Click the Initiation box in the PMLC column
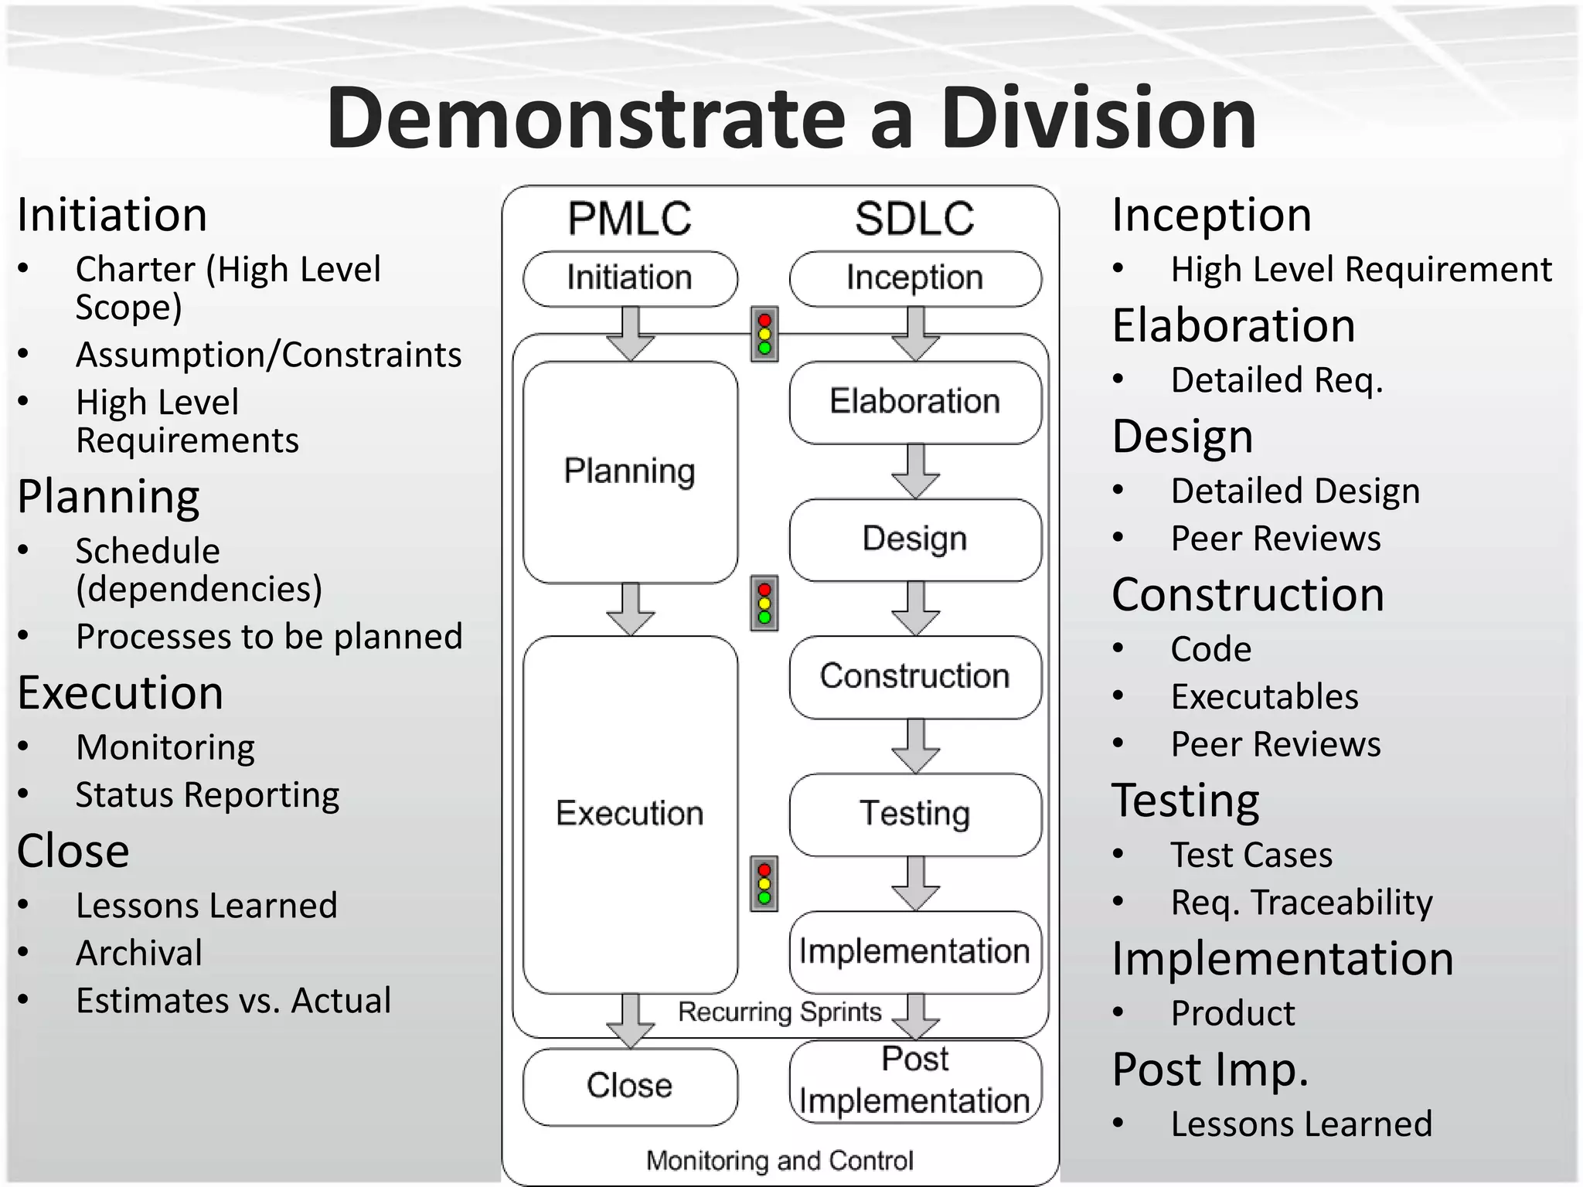[x=630, y=278]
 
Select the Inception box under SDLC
[x=915, y=278]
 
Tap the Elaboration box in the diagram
[x=915, y=402]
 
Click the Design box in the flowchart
[x=915, y=539]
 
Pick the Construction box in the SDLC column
[x=915, y=677]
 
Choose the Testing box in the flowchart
[x=915, y=815]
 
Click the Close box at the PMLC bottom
[x=630, y=1086]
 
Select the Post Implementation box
[x=915, y=1080]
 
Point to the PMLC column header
[x=630, y=219]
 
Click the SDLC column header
[x=915, y=219]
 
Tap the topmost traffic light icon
[x=764, y=335]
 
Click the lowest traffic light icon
[x=764, y=883]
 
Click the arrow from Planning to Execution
[x=631, y=609]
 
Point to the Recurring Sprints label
[x=779, y=1012]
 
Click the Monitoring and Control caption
[x=780, y=1161]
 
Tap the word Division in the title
[x=1098, y=118]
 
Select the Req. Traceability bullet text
[x=1302, y=903]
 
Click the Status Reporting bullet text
[x=207, y=795]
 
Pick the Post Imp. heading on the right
[x=1210, y=1070]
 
